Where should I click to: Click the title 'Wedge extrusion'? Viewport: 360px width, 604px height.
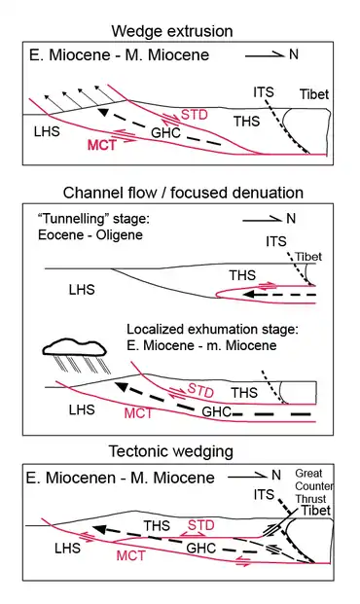click(172, 31)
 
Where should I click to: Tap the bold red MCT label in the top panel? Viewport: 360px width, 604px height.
click(102, 145)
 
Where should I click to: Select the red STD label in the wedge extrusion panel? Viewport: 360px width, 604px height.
click(195, 115)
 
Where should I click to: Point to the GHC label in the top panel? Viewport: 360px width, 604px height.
click(165, 133)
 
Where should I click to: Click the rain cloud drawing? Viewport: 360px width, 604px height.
click(74, 346)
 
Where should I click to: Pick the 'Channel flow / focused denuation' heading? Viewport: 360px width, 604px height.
click(183, 193)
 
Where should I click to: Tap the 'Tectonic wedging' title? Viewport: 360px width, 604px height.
click(171, 451)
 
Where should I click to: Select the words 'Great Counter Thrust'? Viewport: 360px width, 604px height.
click(313, 486)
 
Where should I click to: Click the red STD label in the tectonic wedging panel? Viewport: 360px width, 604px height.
click(200, 525)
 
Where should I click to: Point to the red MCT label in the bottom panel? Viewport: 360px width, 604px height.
click(131, 555)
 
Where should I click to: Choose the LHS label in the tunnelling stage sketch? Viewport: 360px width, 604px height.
click(82, 290)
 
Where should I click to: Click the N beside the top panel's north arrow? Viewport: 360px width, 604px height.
click(294, 53)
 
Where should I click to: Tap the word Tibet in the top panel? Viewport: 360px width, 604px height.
click(314, 94)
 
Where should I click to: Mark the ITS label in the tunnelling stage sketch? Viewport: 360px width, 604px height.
click(276, 241)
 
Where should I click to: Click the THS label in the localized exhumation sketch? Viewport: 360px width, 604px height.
click(244, 393)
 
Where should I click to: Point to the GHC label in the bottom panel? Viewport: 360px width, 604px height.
click(201, 549)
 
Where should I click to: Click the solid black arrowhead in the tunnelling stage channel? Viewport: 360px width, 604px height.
click(249, 295)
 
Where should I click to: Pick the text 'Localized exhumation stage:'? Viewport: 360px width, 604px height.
click(213, 330)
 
